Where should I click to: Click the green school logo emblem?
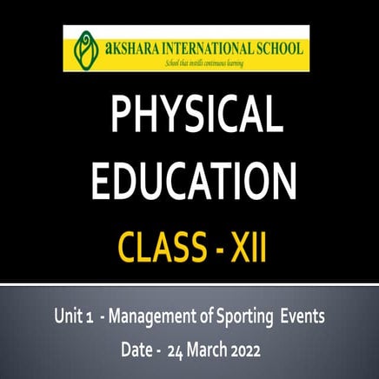coord(84,49)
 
